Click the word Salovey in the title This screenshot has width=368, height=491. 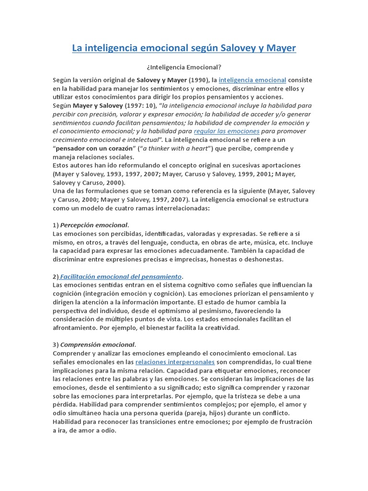pyautogui.click(x=244, y=48)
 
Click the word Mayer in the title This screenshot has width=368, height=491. pyautogui.click(x=280, y=48)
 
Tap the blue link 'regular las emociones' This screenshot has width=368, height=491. pyautogui.click(x=227, y=131)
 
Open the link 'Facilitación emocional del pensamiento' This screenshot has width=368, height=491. pyautogui.click(x=121, y=276)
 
